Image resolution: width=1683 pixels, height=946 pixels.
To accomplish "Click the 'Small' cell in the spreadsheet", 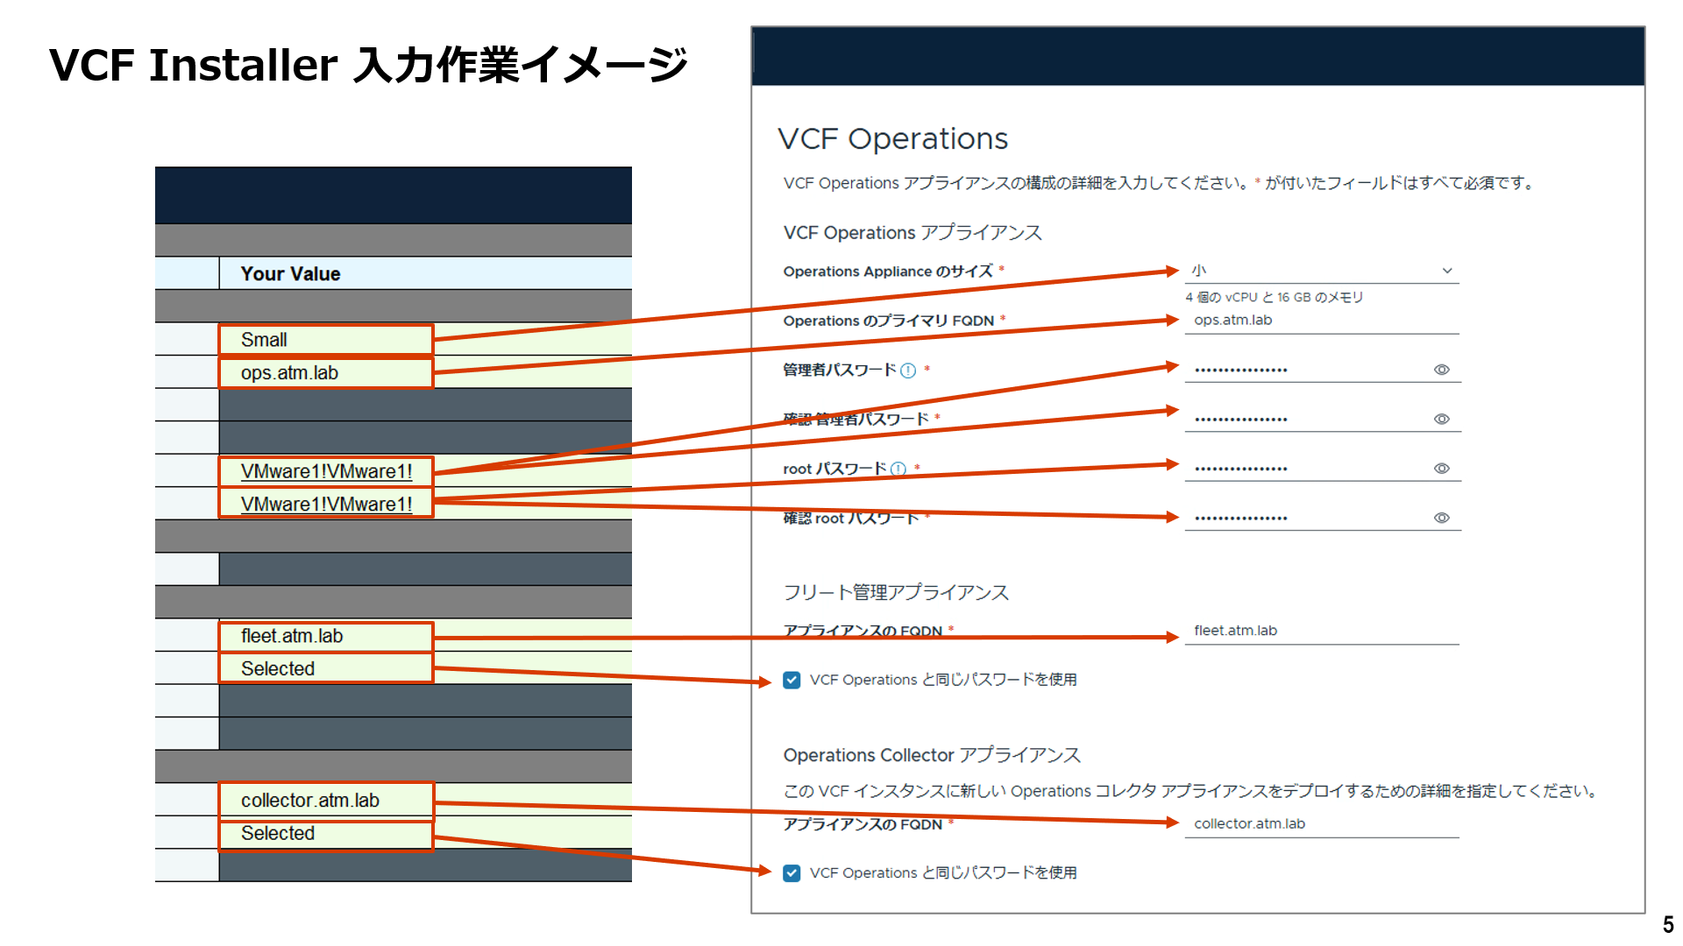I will tap(325, 340).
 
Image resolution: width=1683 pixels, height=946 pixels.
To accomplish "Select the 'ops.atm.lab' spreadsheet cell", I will tap(325, 373).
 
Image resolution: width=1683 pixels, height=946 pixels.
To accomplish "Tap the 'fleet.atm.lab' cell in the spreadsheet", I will tap(325, 636).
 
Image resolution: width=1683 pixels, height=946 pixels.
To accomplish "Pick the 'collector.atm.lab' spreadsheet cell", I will tap(325, 801).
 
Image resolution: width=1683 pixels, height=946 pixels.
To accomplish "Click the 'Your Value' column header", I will tap(291, 273).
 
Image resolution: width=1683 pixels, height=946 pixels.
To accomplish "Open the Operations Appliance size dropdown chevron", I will tap(1447, 271).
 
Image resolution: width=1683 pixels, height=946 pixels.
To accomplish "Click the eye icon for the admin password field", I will tap(1441, 370).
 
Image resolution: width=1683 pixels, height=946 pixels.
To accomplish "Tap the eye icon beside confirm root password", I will tap(1441, 518).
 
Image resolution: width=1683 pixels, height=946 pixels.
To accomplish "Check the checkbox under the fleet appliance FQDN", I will tap(792, 680).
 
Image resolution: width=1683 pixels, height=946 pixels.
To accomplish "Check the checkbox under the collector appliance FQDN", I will tap(792, 873).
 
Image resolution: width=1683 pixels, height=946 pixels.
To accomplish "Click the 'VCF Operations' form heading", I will tap(892, 138).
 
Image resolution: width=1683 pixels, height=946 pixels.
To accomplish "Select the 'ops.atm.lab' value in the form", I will tap(1232, 321).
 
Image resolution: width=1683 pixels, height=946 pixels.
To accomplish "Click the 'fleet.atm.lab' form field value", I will tap(1235, 631).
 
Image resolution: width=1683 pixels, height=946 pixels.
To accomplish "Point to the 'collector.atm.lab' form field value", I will tap(1249, 824).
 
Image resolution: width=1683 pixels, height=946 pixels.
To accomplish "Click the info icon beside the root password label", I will tap(898, 469).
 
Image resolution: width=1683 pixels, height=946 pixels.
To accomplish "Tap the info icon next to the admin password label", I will tap(908, 371).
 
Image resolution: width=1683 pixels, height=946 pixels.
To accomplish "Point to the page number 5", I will tap(1667, 925).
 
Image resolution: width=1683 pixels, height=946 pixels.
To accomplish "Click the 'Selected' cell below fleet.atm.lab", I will tap(325, 669).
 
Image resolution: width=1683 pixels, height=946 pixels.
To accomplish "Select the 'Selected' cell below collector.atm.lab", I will tap(325, 834).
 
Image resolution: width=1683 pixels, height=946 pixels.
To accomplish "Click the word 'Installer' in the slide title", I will tap(243, 65).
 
